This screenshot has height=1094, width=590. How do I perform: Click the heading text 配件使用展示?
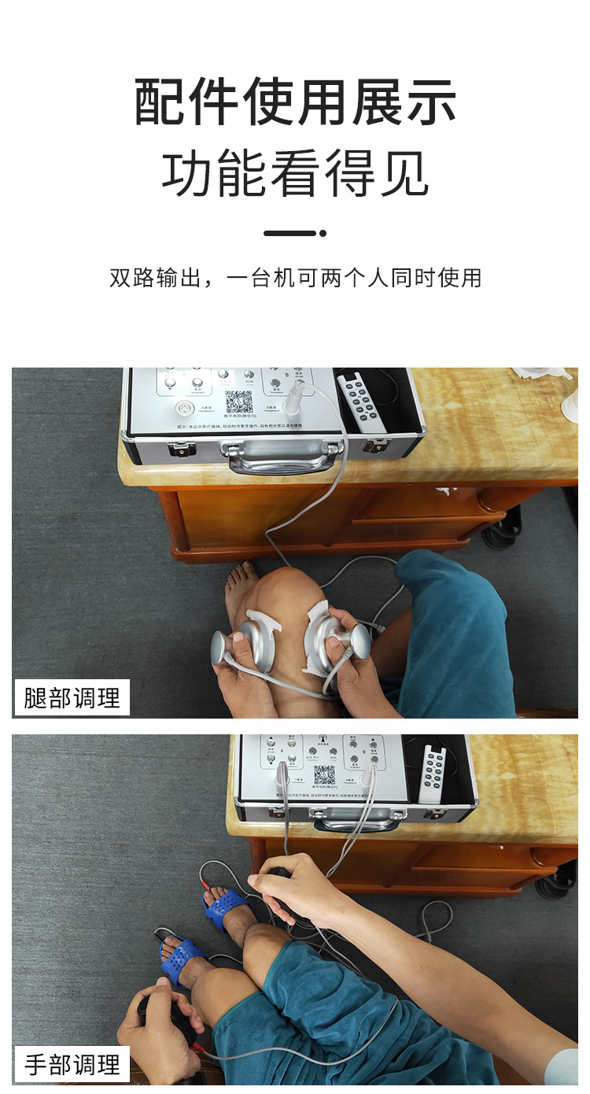(295, 103)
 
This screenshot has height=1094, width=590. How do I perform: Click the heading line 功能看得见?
(295, 174)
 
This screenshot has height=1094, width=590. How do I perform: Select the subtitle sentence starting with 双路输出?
(295, 278)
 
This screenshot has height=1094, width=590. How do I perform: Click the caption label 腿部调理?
(72, 697)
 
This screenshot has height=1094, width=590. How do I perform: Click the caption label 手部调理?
(72, 1064)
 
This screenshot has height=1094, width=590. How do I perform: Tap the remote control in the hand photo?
(431, 774)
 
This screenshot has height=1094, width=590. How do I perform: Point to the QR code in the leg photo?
(239, 401)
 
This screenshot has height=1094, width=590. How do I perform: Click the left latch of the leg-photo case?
(182, 450)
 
